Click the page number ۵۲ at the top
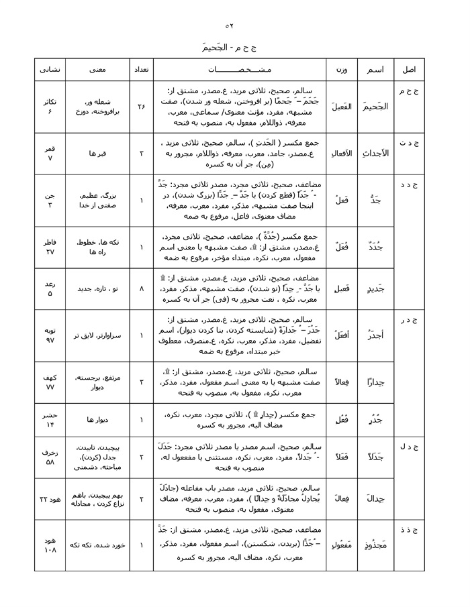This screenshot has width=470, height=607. [229, 25]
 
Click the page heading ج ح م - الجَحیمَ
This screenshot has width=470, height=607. [229, 48]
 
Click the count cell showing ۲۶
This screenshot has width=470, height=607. [141, 107]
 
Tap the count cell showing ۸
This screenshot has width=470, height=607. [141, 288]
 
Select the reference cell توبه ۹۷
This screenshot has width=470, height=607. [50, 335]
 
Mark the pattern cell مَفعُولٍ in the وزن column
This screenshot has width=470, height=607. [341, 545]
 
